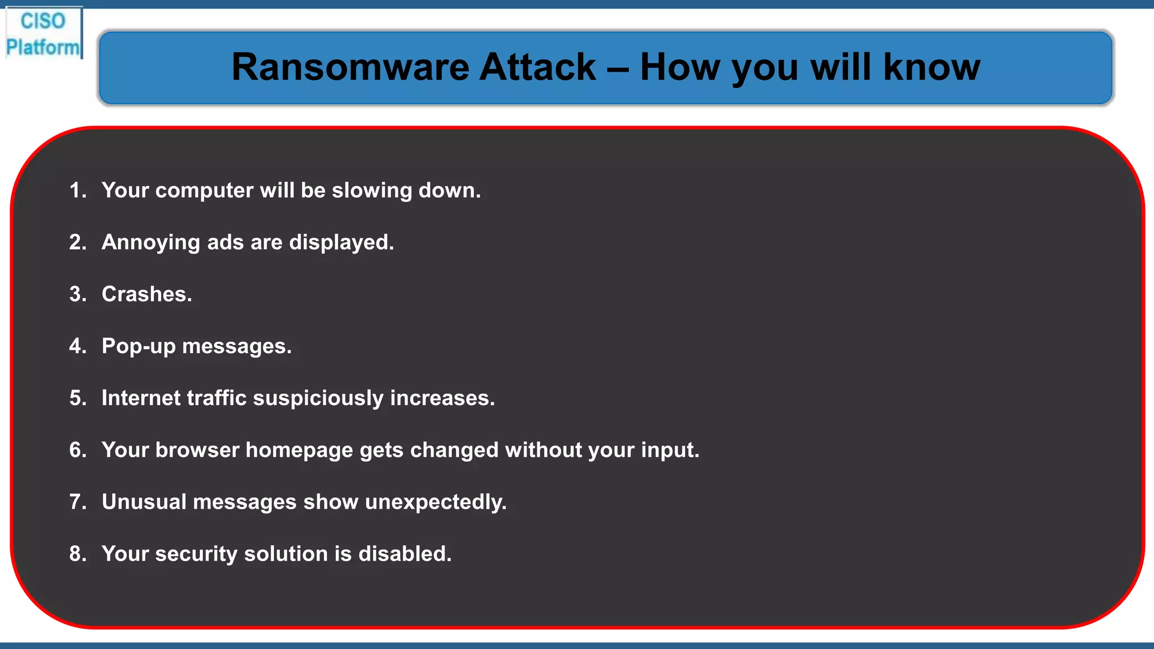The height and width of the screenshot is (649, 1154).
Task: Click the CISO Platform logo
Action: (43, 34)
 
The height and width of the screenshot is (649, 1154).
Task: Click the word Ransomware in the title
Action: (350, 67)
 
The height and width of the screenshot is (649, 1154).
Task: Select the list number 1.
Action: (77, 190)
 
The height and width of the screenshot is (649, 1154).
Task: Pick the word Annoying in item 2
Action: (150, 243)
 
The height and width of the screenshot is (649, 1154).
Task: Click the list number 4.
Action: (77, 346)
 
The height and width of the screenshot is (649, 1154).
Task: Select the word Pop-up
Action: (139, 346)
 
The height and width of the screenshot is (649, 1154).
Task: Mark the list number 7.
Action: (77, 501)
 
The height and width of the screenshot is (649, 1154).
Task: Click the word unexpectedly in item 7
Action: (435, 502)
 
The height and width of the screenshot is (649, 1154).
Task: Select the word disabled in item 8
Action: (405, 554)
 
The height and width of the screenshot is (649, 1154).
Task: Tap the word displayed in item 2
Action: (341, 243)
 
